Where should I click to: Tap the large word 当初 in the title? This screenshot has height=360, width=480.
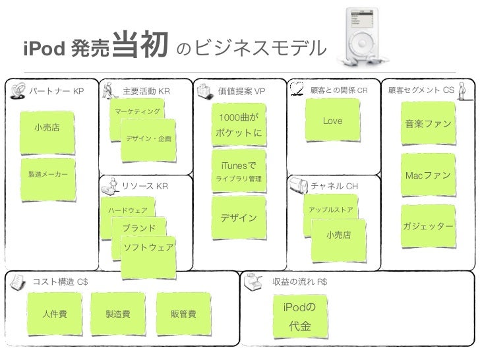[x=142, y=45]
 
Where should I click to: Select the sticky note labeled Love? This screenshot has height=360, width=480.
[x=332, y=122]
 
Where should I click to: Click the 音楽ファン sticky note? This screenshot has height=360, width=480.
[x=428, y=125]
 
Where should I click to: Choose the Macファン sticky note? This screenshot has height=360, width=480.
[x=428, y=176]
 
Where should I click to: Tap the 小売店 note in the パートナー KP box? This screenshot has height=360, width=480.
[x=46, y=128]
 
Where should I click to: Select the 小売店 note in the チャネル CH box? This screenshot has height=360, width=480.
[x=338, y=235]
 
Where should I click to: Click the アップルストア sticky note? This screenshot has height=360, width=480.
[x=330, y=210]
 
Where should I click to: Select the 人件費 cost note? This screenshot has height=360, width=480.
[x=55, y=314]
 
